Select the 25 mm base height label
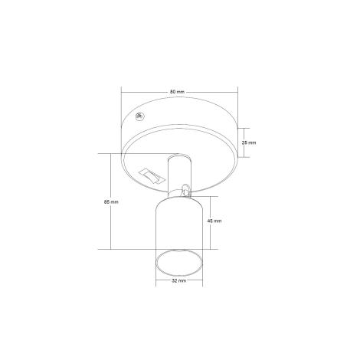click(249, 143)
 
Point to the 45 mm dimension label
click(214, 221)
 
